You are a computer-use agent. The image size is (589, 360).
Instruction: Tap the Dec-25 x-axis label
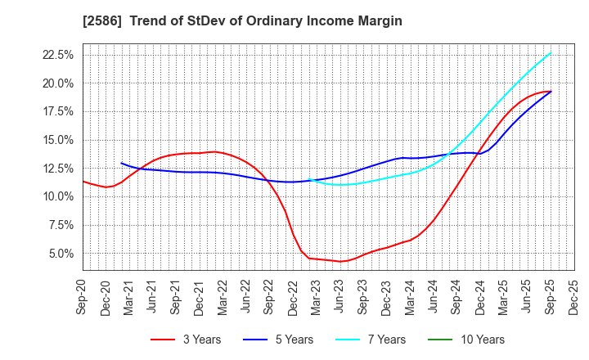pos(574,296)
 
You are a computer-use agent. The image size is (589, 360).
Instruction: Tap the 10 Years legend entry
pos(478,340)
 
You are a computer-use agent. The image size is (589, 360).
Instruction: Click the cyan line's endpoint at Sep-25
pos(551,52)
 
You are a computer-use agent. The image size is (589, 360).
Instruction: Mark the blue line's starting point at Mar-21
pos(121,163)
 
